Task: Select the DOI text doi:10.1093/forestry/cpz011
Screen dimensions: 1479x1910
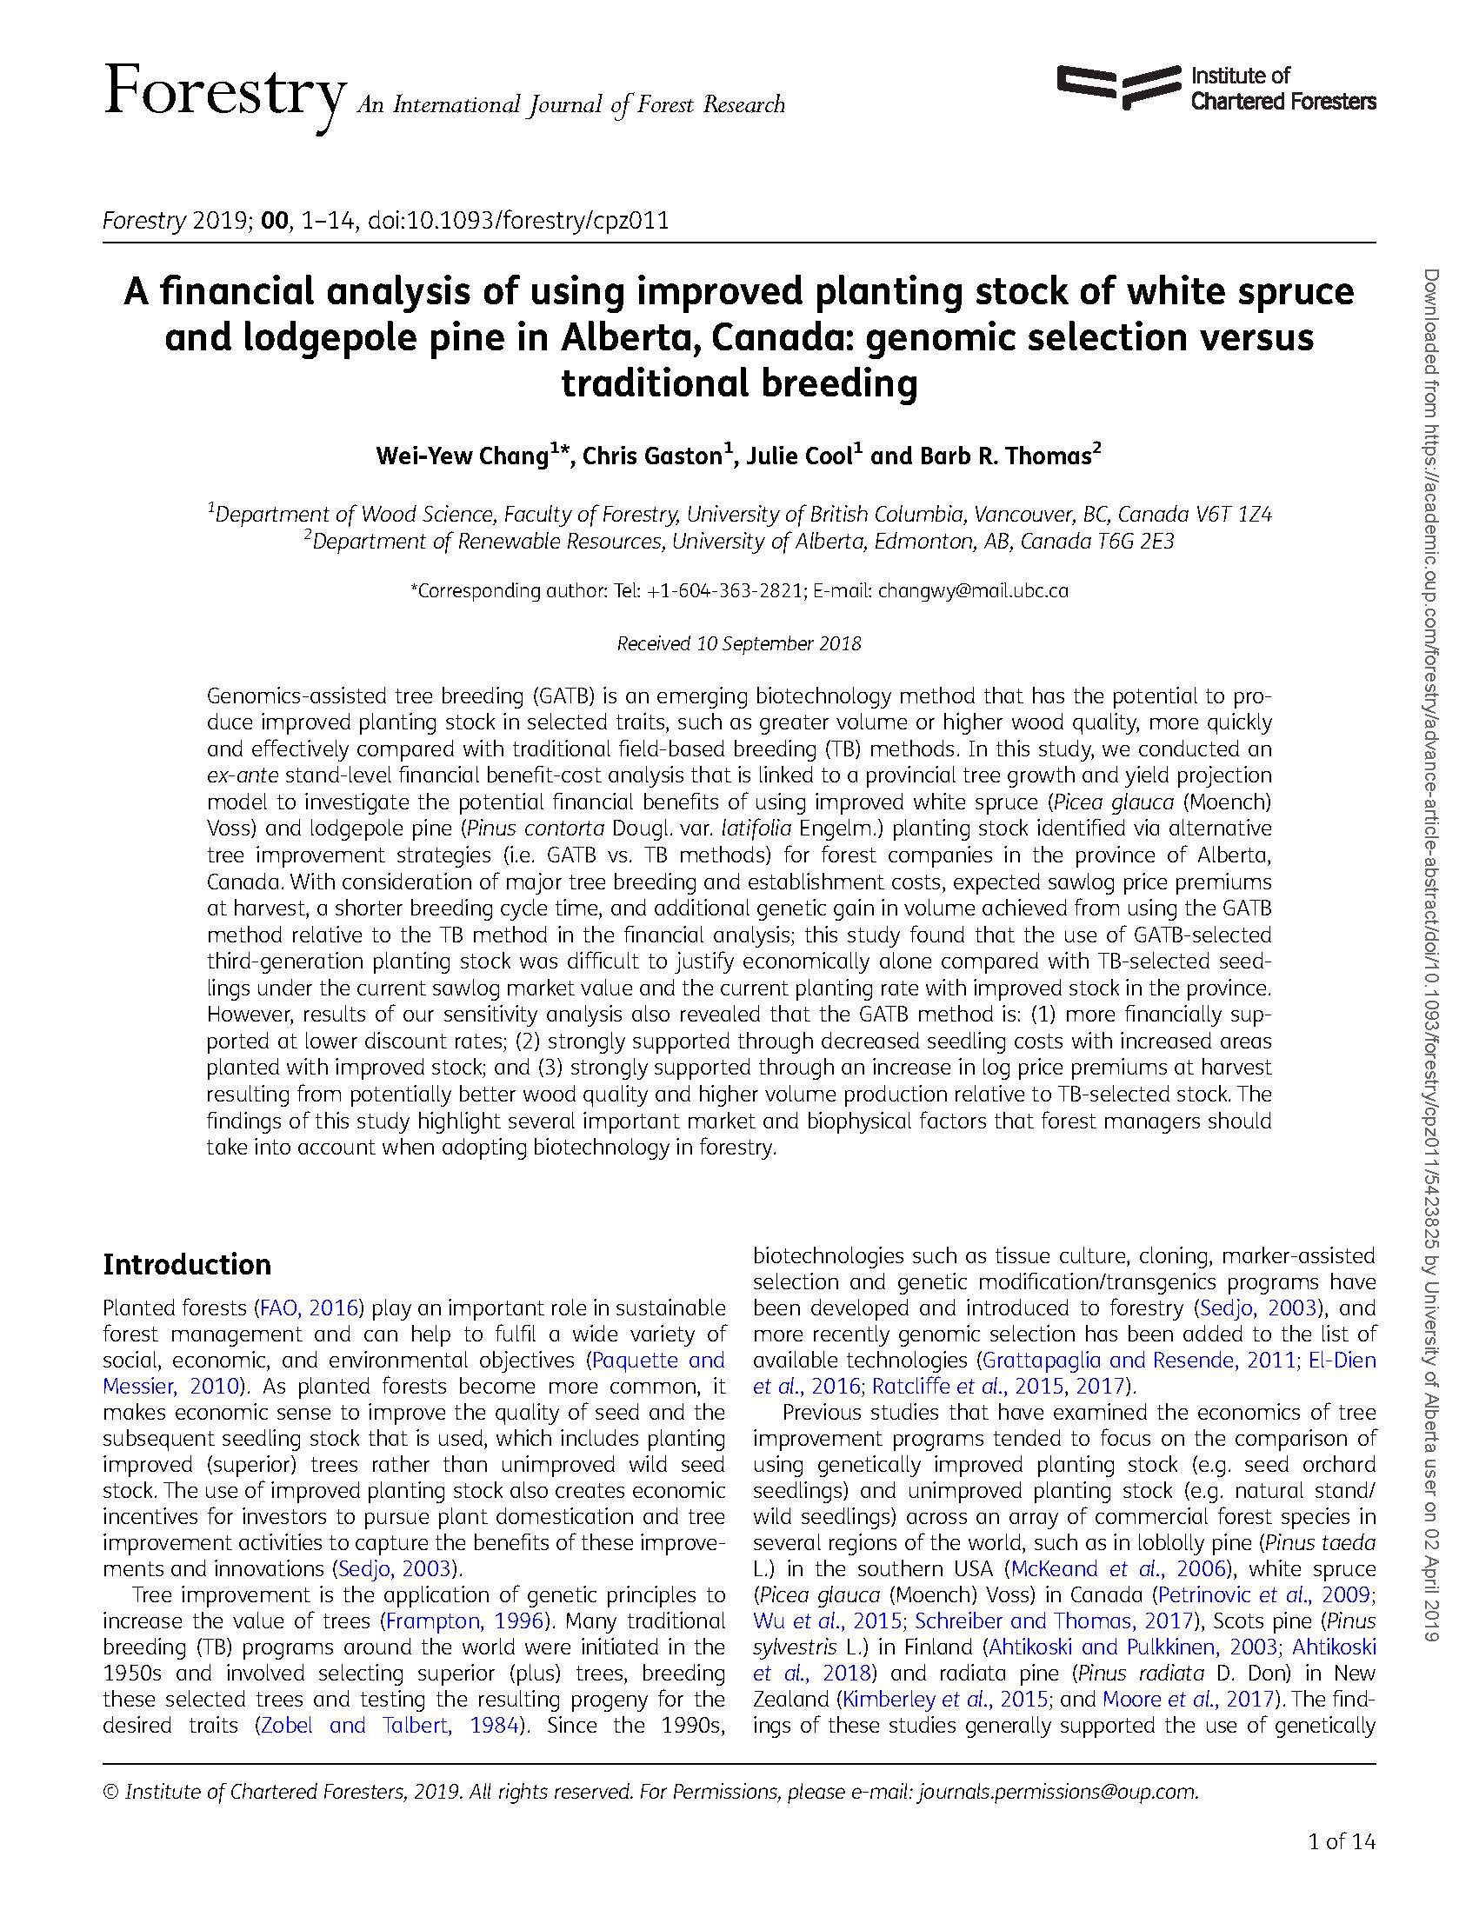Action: click(x=518, y=221)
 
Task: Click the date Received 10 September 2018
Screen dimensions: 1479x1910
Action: click(x=739, y=643)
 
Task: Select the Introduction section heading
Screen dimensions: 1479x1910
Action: click(x=187, y=1265)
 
